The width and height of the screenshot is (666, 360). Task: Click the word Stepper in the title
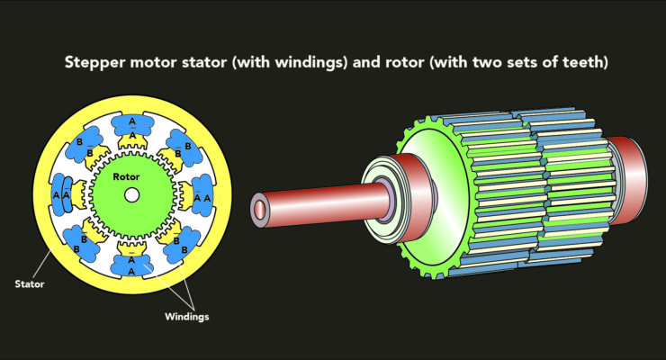click(95, 63)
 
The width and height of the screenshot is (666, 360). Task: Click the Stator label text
click(30, 284)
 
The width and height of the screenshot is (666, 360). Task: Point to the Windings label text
click(187, 317)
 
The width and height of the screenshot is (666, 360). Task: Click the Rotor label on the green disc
click(126, 176)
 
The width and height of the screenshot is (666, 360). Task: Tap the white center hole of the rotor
click(131, 195)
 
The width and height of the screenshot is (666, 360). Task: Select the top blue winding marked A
click(132, 125)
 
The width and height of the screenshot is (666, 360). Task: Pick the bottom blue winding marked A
click(131, 265)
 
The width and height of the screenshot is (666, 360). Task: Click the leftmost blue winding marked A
click(61, 195)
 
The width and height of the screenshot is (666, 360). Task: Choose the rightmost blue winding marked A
click(202, 195)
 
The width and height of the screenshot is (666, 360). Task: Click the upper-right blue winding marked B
click(184, 148)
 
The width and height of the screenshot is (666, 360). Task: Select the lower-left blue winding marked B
click(81, 243)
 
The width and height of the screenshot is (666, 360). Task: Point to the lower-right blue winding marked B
click(182, 245)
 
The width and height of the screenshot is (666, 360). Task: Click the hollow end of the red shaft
click(258, 210)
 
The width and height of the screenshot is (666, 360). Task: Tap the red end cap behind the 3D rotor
click(629, 180)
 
